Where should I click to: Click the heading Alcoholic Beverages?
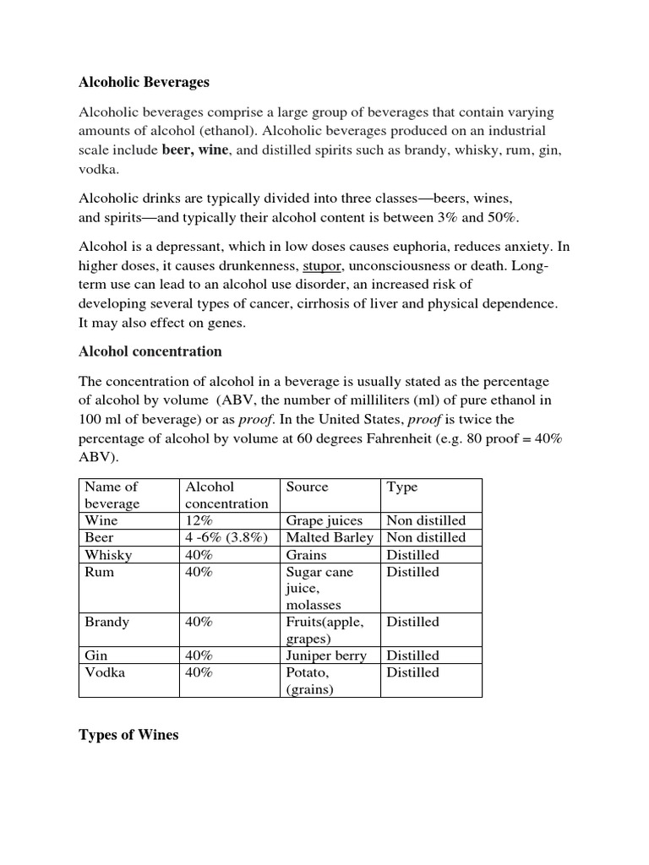click(144, 82)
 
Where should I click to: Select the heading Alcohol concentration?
click(150, 351)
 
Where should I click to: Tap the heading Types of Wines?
click(128, 734)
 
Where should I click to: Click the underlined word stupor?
click(322, 266)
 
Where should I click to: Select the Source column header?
click(308, 487)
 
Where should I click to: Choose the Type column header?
click(401, 487)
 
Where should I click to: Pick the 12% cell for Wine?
click(199, 520)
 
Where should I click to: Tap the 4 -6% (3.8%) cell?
click(226, 537)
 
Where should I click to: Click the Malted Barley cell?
click(330, 537)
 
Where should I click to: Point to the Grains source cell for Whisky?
click(307, 555)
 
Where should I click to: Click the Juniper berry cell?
click(326, 656)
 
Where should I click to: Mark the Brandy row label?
click(106, 622)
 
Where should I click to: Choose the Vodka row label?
click(105, 672)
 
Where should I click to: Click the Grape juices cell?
click(324, 520)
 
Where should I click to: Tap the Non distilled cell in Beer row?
click(426, 537)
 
